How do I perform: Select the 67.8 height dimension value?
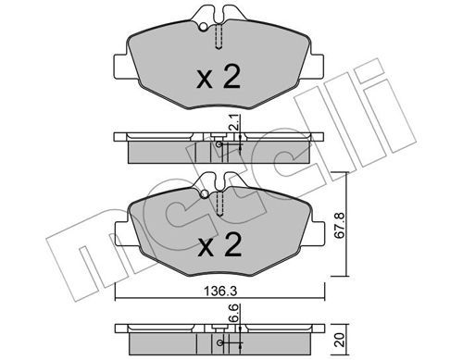tap(339, 225)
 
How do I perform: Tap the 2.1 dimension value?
tap(233, 121)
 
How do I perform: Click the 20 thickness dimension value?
tap(340, 340)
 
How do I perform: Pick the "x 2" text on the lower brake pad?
tap(219, 245)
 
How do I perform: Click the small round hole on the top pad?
tap(203, 27)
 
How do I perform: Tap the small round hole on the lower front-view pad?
tap(205, 194)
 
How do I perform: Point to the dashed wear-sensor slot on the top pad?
tap(219, 36)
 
